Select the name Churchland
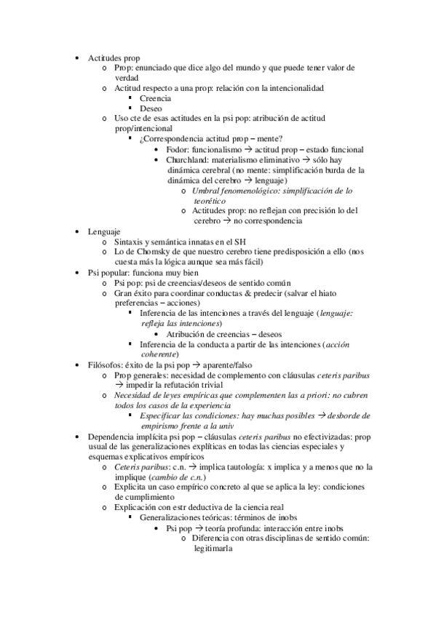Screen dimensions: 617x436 (188, 159)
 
